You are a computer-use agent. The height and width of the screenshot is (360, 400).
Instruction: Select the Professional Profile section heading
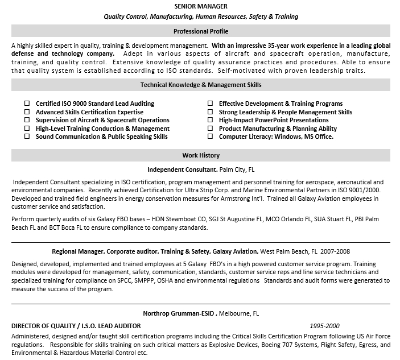201,31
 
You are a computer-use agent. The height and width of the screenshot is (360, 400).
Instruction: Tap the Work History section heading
201,155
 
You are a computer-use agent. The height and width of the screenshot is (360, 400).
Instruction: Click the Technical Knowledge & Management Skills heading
201,85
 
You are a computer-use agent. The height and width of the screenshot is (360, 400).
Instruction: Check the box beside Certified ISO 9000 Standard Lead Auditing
27,104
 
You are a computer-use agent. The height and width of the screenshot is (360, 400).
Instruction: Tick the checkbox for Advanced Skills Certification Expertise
27,112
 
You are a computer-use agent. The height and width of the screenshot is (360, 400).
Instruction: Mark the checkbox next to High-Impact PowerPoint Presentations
210,121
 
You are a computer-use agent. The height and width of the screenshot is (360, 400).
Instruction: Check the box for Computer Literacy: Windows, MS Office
210,137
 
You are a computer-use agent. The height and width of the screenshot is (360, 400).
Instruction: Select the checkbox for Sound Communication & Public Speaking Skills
27,137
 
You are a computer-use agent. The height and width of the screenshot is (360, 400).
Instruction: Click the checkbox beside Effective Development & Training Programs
210,104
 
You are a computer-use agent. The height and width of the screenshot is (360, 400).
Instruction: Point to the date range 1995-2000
324,326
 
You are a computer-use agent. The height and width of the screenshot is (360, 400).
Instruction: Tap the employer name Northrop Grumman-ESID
178,313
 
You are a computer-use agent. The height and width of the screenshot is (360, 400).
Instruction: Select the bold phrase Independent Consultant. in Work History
183,169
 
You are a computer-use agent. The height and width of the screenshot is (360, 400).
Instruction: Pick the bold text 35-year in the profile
278,45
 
